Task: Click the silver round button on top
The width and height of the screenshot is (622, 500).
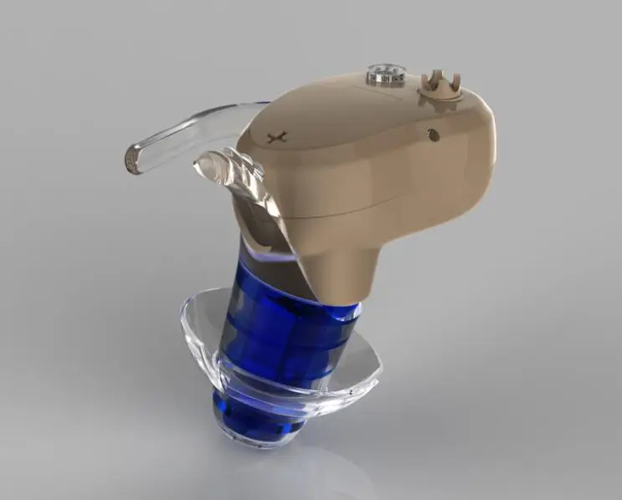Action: pyautogui.click(x=385, y=74)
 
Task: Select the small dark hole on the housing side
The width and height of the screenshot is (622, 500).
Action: pyautogui.click(x=433, y=133)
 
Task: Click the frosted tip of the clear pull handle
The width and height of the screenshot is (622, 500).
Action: pyautogui.click(x=132, y=160)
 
